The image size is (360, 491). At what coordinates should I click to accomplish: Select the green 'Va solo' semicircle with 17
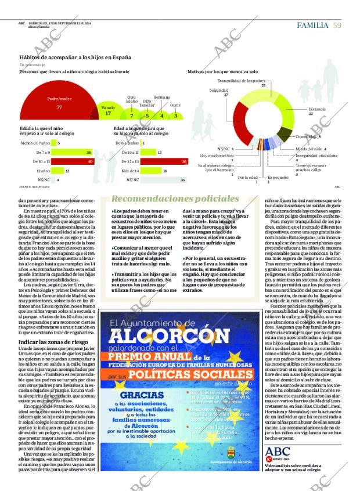tap(108, 112)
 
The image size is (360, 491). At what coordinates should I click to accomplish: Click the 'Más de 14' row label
tap(131, 171)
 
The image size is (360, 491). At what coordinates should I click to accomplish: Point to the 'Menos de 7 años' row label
tap(34, 143)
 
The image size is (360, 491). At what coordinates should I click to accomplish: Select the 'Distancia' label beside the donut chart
tap(317, 109)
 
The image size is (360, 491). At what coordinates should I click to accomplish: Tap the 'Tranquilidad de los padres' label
tap(241, 81)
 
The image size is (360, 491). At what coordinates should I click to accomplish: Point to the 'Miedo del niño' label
tap(308, 149)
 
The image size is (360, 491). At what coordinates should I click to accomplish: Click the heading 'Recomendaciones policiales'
tap(167, 198)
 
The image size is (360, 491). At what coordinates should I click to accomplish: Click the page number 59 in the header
tap(337, 25)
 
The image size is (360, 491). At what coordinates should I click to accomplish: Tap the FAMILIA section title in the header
tap(313, 25)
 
